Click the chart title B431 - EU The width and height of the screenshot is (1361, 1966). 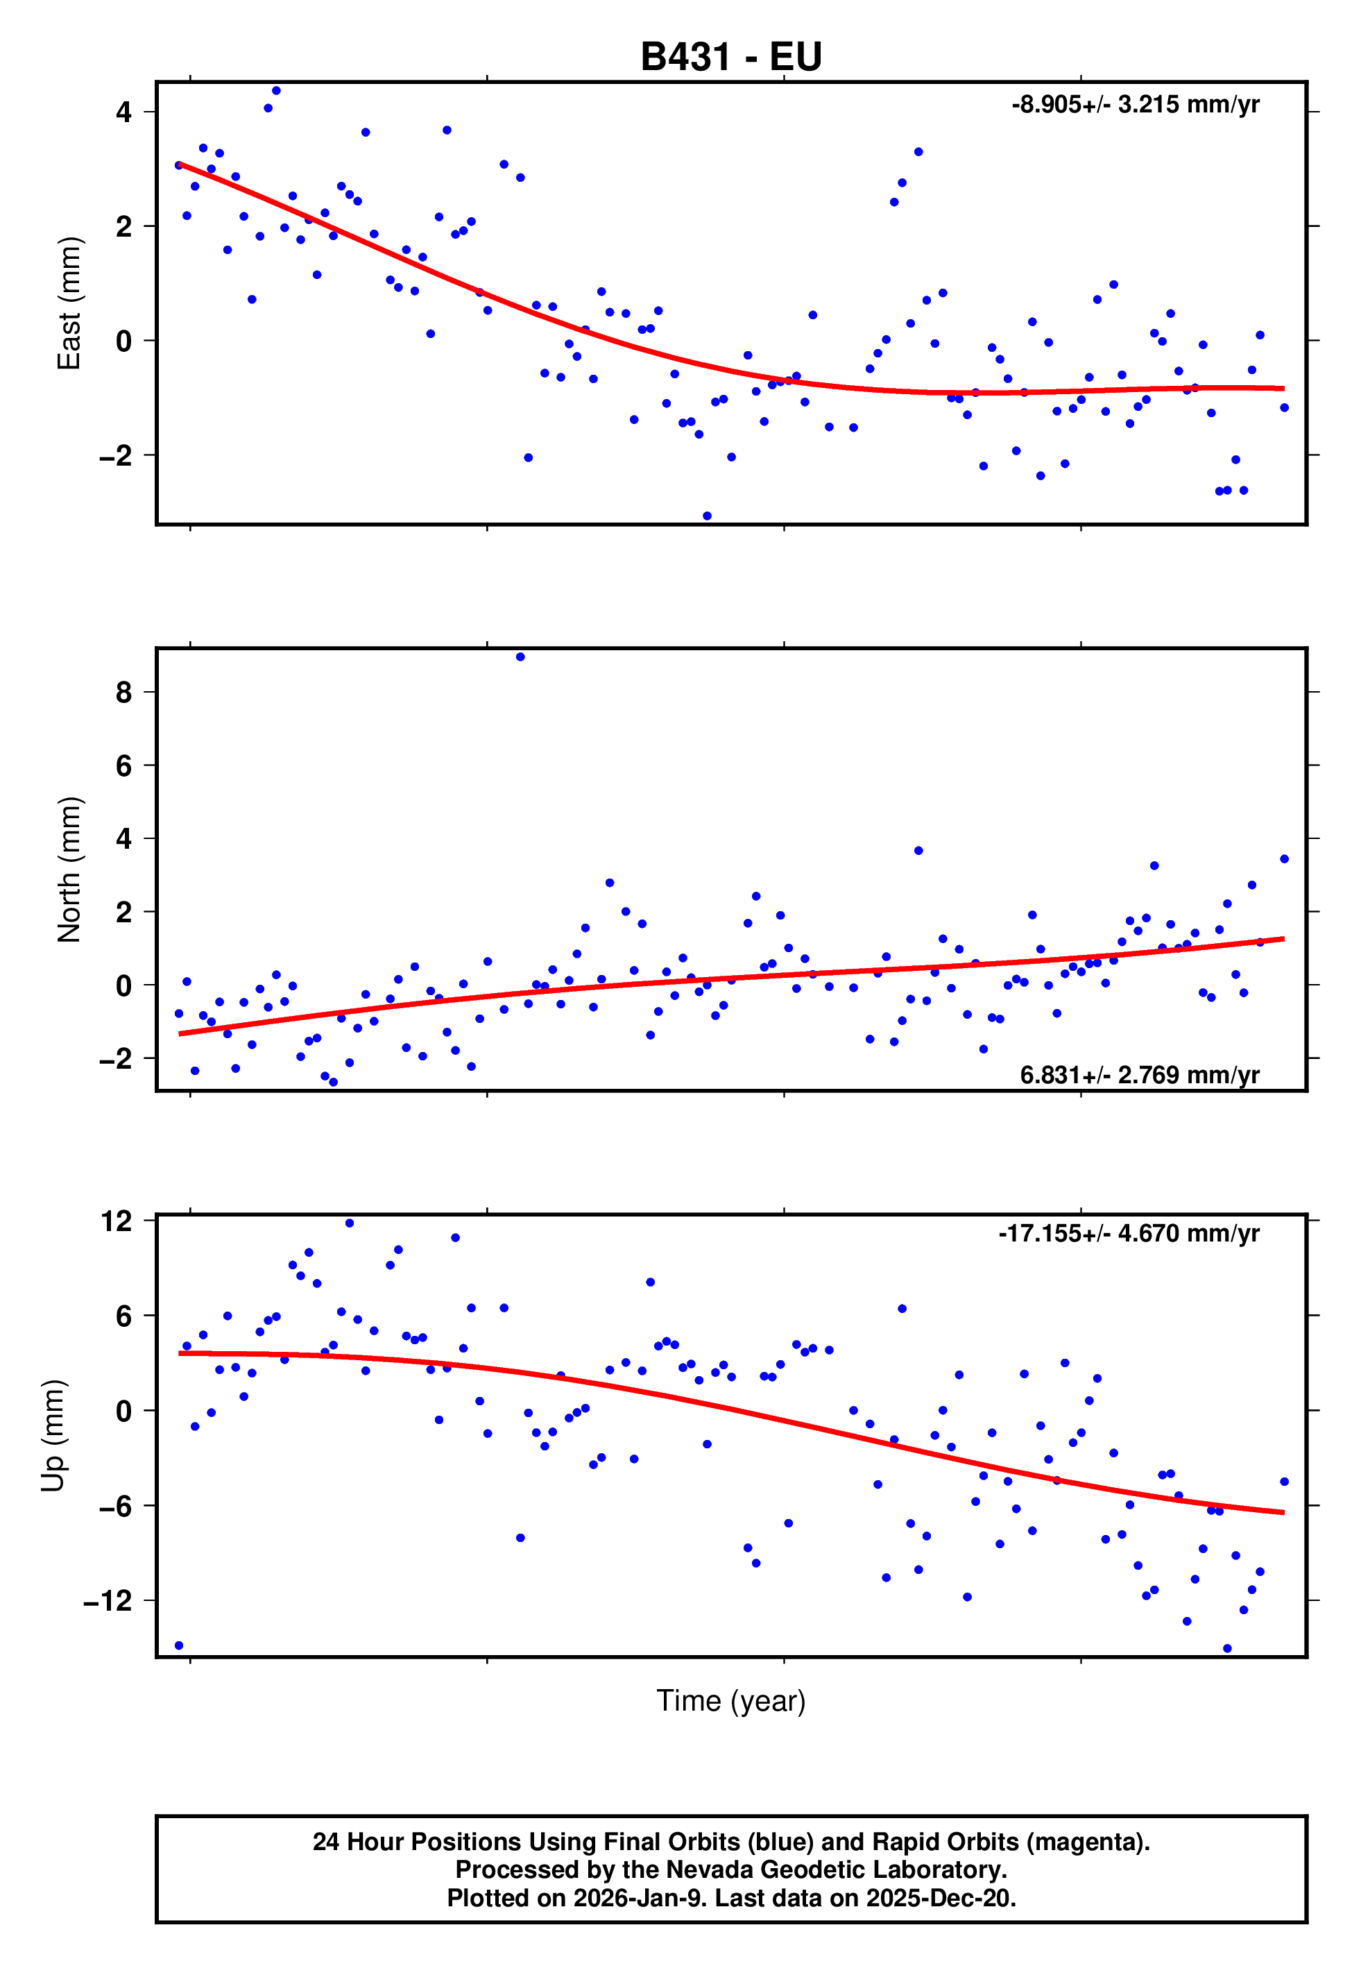tap(731, 57)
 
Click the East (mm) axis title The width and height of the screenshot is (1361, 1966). tap(68, 303)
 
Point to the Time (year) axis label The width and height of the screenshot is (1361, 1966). tap(731, 1701)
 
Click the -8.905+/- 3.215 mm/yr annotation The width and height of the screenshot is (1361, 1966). tap(1135, 105)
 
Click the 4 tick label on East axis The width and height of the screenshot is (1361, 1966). tap(123, 112)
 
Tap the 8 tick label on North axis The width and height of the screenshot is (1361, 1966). tap(123, 692)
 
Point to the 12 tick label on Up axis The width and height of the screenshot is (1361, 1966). tap(117, 1221)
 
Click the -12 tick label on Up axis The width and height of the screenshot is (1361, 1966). tap(108, 1601)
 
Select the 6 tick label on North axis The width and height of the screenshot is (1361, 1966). tap(123, 765)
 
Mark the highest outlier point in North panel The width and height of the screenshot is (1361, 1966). tap(520, 656)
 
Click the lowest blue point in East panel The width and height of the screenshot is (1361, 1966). tap(707, 516)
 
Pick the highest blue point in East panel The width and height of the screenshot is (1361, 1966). tap(276, 90)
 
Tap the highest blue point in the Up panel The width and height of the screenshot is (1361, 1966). tap(350, 1223)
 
